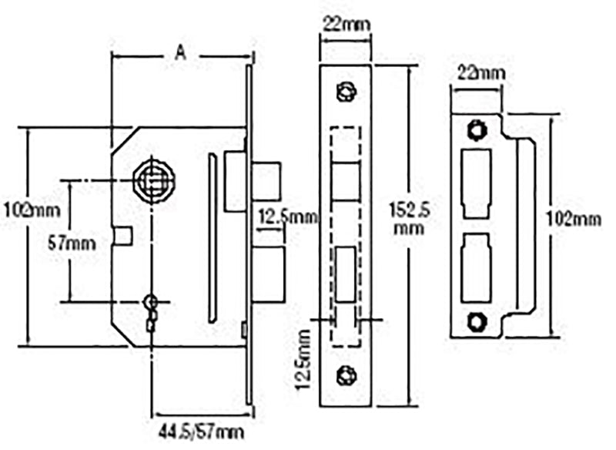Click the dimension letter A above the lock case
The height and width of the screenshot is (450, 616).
point(181,52)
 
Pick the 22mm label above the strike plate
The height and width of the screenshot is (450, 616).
point(477,74)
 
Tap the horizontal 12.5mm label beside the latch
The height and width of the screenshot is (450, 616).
point(287,217)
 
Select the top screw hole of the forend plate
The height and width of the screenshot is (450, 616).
point(345,91)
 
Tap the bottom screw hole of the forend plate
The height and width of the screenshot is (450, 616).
point(345,375)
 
